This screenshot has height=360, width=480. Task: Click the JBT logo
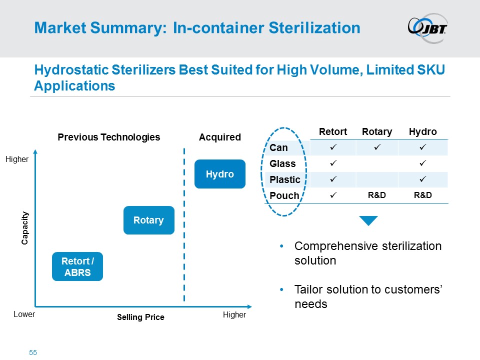coord(427,28)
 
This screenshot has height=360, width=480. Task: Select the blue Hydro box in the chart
coord(220,174)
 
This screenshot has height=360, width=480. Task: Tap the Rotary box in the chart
coord(149,220)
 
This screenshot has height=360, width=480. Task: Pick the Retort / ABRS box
coord(77,266)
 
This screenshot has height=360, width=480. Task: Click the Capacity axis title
coord(25,228)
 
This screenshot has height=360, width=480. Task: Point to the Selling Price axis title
coord(140,317)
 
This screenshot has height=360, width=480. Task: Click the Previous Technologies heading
coord(109,137)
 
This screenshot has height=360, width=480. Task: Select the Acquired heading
coord(220,137)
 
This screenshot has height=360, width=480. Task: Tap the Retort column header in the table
coord(333,131)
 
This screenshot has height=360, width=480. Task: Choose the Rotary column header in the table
coord(377,132)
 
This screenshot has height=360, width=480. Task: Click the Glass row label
coord(282,163)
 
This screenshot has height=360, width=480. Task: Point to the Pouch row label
coord(284,195)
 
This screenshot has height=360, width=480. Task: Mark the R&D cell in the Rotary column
coord(377,195)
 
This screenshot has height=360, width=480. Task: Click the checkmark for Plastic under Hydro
coord(423,179)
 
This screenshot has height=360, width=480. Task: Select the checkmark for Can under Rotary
coord(377,147)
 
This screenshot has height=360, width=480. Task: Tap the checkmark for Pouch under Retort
coord(333,194)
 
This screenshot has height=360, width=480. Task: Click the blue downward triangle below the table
coord(368,220)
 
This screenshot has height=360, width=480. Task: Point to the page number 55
coord(33,352)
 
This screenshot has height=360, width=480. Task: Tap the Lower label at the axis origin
coord(24,314)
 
